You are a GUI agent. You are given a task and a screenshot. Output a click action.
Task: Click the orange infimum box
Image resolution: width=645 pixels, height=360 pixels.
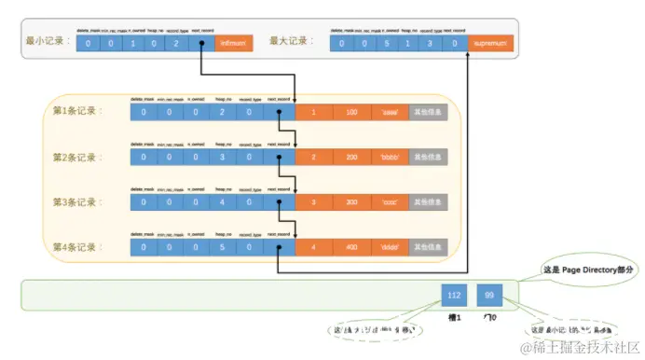click(229, 43)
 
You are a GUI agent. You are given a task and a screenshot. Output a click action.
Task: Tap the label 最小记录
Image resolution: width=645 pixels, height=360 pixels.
click(47, 42)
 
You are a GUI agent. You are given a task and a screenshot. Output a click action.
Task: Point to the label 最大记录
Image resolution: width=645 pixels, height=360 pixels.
click(288, 42)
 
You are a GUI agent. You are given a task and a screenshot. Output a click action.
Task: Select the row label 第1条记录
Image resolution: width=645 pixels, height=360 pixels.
click(76, 112)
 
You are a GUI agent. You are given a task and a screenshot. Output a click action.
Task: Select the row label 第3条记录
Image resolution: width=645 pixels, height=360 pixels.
click(76, 201)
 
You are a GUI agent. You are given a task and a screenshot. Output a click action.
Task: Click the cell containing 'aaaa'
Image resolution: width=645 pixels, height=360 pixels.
click(390, 112)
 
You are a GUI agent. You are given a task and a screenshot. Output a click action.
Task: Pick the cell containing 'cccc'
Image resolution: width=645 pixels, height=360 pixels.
click(390, 201)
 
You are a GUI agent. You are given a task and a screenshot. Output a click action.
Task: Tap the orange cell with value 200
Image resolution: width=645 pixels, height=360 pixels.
click(350, 157)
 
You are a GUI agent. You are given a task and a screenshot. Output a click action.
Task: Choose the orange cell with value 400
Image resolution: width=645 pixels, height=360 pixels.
click(350, 247)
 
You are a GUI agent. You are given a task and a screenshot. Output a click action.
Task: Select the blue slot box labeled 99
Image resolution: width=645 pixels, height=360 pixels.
click(490, 296)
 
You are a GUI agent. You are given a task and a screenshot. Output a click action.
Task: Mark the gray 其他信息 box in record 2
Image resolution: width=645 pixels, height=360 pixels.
click(428, 157)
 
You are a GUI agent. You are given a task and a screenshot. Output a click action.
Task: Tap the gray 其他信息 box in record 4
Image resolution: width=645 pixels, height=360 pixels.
click(428, 247)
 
